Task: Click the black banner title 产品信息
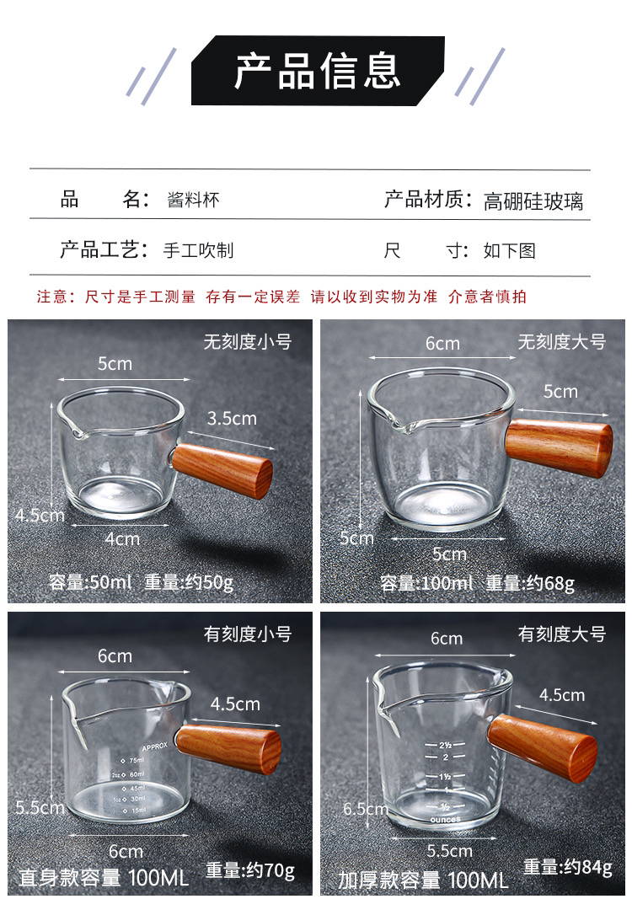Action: (x=317, y=71)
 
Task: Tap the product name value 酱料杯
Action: (x=193, y=200)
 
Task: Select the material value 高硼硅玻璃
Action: (x=533, y=201)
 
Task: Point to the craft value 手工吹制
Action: (x=198, y=250)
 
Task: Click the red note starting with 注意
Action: (x=281, y=297)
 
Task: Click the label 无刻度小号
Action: (x=248, y=342)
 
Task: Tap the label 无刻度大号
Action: (x=562, y=342)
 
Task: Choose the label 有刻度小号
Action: (x=248, y=634)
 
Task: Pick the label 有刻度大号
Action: (x=562, y=634)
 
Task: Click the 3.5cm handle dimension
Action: (x=232, y=419)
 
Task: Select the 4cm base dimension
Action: (x=122, y=539)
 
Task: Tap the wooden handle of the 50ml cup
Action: (x=222, y=470)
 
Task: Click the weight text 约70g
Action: (x=270, y=871)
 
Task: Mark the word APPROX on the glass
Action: (x=155, y=746)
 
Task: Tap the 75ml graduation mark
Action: (x=133, y=760)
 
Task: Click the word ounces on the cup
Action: (x=446, y=820)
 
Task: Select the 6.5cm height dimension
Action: (x=366, y=809)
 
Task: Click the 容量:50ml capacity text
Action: (x=90, y=582)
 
